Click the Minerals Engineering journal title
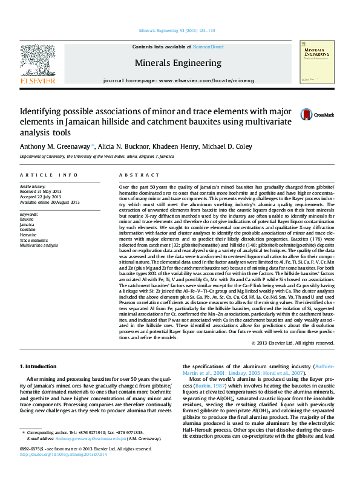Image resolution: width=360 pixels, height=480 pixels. tap(178, 63)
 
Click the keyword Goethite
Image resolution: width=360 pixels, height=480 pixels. tap(28, 230)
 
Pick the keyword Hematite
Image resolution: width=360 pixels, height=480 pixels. tap(28, 235)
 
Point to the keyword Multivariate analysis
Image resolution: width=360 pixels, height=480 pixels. tap(39, 245)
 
